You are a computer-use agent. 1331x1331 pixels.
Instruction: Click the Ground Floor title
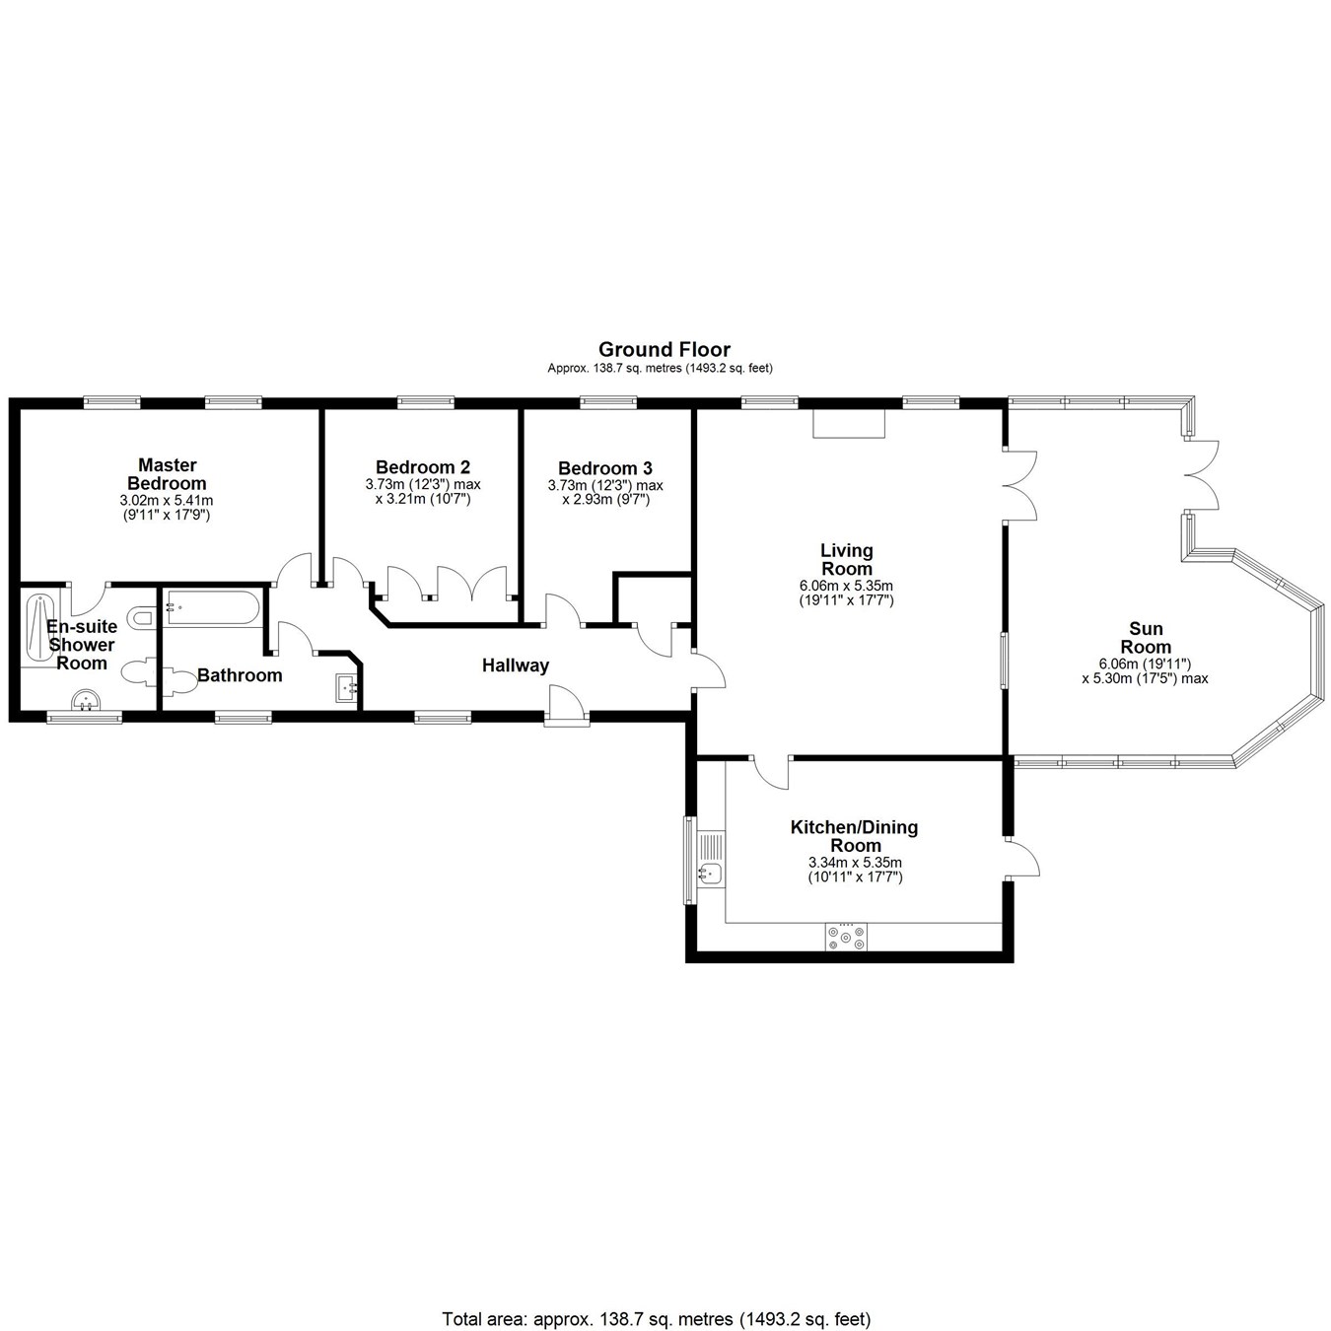[665, 349]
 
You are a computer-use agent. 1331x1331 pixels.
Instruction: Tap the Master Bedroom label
[167, 474]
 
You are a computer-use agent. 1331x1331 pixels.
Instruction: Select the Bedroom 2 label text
[422, 467]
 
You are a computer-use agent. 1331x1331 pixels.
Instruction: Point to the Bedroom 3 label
[604, 468]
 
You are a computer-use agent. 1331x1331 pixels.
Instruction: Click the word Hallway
[515, 665]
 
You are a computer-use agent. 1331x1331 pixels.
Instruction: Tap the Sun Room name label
[1146, 638]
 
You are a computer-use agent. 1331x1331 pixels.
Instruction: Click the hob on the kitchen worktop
[847, 937]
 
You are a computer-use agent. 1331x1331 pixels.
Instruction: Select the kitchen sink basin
[710, 872]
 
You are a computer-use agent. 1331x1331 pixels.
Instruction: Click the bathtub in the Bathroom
[212, 606]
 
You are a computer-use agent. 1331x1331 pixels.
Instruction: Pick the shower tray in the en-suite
[39, 627]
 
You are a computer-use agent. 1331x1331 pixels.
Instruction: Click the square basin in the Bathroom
[346, 687]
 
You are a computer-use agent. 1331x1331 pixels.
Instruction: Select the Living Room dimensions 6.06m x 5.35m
[846, 586]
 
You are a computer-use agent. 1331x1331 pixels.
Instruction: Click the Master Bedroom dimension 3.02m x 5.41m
[166, 501]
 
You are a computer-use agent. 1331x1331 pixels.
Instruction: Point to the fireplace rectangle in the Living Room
[849, 423]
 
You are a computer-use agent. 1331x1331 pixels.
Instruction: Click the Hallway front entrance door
[565, 705]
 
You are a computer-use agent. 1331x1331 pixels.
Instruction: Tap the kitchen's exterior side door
[1021, 858]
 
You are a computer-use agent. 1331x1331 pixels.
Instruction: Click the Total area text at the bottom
[656, 1292]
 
